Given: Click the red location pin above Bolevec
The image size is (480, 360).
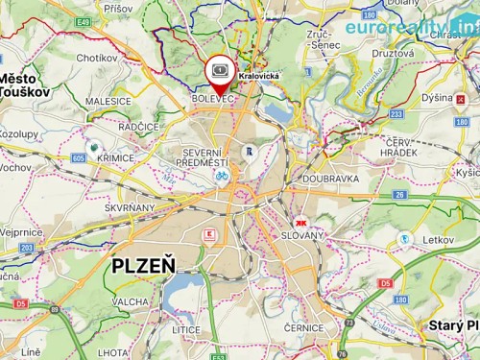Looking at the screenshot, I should [220, 73].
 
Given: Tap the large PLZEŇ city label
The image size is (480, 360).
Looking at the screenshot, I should [143, 266].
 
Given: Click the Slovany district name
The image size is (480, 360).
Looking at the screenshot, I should [302, 235].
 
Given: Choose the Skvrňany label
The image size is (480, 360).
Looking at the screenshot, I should [130, 207].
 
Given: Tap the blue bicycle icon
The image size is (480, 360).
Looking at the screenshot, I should [221, 176].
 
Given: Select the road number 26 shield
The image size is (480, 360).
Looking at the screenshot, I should [399, 195].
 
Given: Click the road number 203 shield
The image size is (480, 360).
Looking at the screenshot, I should [26, 248].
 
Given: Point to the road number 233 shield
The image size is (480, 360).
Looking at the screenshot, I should [396, 113].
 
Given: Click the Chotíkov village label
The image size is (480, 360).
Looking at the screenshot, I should [96, 58].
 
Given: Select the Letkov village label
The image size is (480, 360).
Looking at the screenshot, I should [438, 238].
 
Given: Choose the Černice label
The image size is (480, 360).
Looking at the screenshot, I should [303, 327].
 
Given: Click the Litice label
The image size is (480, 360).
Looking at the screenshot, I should [186, 329].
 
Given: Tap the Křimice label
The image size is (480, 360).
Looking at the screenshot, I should [114, 156].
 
